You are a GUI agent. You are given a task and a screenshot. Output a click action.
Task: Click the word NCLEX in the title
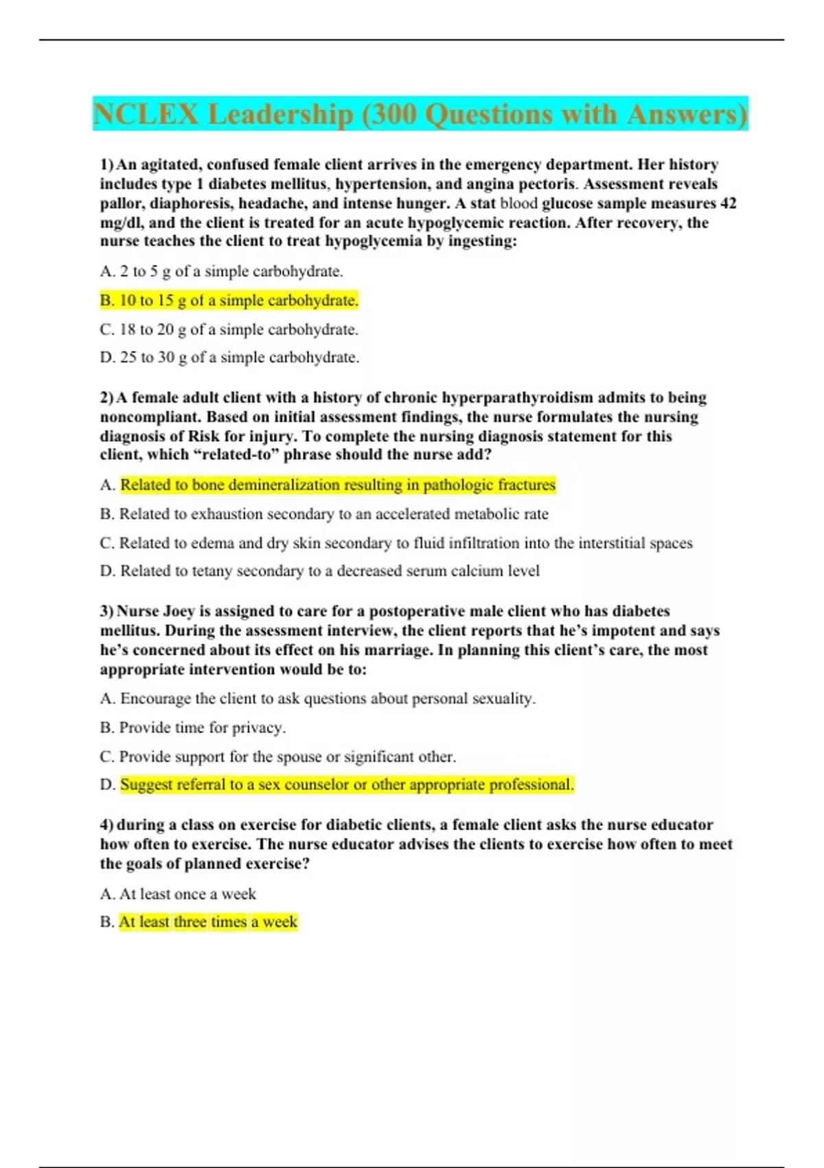click(x=146, y=114)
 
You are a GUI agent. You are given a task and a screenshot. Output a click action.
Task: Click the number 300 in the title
click(x=393, y=114)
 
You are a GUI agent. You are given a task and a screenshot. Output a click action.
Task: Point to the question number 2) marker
click(x=107, y=398)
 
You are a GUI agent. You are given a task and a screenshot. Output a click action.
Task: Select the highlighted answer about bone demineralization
click(x=337, y=485)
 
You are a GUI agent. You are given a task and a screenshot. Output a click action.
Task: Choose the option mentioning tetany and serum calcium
click(x=330, y=571)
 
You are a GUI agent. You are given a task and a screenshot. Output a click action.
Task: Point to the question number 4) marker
click(x=107, y=825)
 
